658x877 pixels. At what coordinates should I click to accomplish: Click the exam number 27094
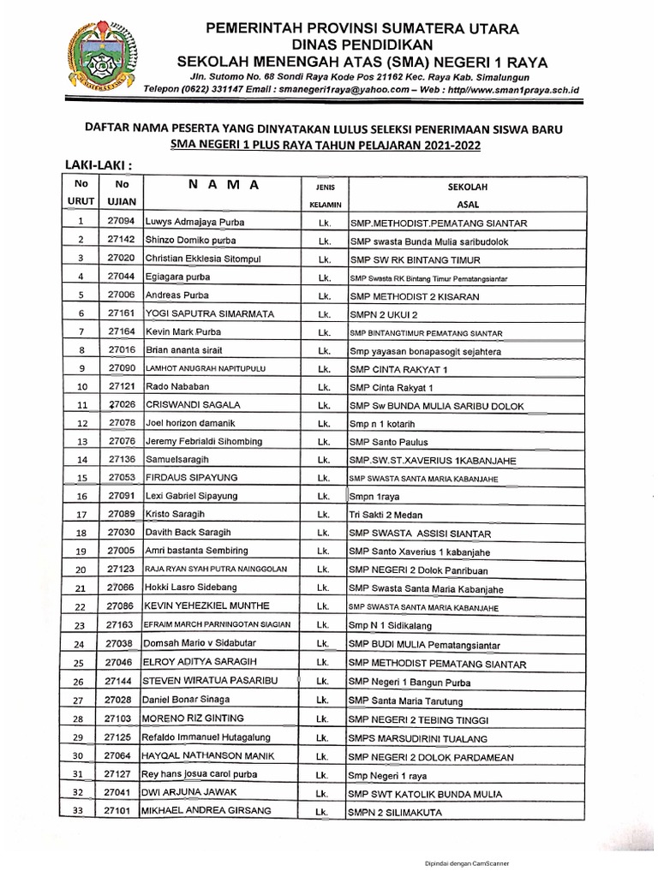121,222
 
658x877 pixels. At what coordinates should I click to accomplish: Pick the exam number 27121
121,386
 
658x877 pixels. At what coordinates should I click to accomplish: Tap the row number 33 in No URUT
80,811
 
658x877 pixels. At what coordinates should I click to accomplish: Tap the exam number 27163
121,625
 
